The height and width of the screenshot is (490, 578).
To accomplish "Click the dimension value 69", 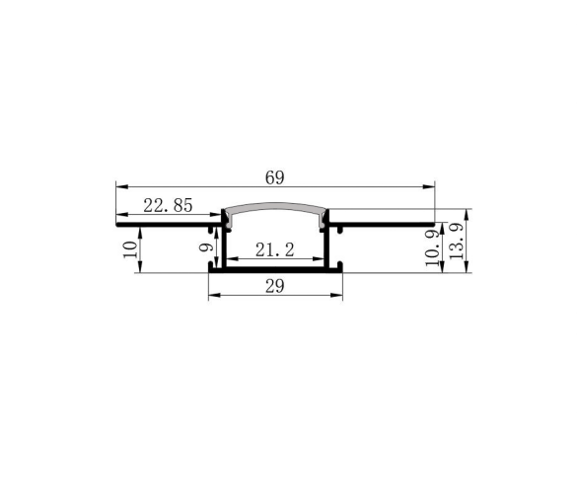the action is point(275,177).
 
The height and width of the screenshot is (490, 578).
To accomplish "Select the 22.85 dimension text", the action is point(168,206).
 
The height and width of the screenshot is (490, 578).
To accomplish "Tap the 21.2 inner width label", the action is point(275,250).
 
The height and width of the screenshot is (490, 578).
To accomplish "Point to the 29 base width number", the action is point(275,286).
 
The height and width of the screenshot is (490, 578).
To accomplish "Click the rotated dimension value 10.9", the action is point(432,247).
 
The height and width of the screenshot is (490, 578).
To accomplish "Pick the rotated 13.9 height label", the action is point(456,241).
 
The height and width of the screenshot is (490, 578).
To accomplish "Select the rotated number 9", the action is point(206,246).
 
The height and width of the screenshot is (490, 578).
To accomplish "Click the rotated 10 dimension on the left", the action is point(130,249).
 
